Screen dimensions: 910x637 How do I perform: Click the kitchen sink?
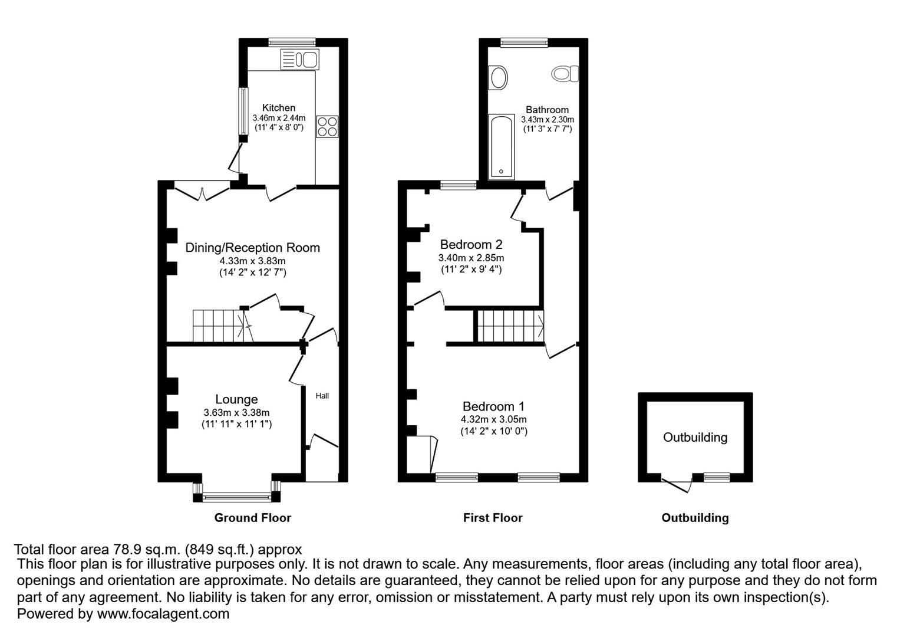pyautogui.click(x=300, y=60)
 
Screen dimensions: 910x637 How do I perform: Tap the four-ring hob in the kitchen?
pyautogui.click(x=327, y=127)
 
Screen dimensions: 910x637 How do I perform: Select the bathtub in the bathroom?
pyautogui.click(x=501, y=147)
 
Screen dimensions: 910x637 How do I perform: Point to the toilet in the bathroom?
pyautogui.click(x=565, y=74)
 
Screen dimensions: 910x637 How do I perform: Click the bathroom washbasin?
pyautogui.click(x=498, y=77)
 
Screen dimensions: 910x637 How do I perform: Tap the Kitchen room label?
pyautogui.click(x=279, y=108)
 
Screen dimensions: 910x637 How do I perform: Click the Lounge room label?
pyautogui.click(x=236, y=399)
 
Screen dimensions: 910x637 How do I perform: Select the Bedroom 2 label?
pyautogui.click(x=472, y=244)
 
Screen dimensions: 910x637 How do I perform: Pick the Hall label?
pyautogui.click(x=322, y=396)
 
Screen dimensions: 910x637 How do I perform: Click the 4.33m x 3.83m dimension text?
pyautogui.click(x=253, y=261)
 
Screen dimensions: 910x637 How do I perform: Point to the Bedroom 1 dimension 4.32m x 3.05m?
pyautogui.click(x=493, y=419)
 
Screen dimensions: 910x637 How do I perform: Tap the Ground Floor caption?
pyautogui.click(x=253, y=517)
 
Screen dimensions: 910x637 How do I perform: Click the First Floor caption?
pyautogui.click(x=493, y=517)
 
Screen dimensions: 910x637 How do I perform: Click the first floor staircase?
pyautogui.click(x=510, y=326)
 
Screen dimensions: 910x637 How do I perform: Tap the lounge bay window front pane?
pyautogui.click(x=236, y=497)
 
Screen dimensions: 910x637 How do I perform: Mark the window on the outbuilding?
pyautogui.click(x=717, y=477)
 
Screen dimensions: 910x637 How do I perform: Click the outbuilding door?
pyautogui.click(x=677, y=486)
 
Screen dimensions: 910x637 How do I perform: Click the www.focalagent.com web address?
pyautogui.click(x=163, y=613)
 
